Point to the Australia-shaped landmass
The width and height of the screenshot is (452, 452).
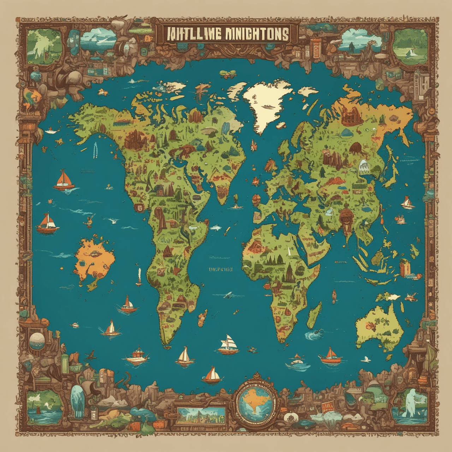point(380,327)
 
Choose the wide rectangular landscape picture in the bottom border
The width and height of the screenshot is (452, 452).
point(202,416)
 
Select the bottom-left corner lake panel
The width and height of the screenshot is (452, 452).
point(44,406)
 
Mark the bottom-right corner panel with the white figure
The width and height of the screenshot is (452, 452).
point(410,406)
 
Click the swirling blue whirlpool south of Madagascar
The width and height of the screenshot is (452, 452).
point(313,335)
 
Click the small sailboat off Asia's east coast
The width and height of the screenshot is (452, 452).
point(408,203)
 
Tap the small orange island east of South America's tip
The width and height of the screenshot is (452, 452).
point(202,318)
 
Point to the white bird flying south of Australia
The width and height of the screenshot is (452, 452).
point(366,359)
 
